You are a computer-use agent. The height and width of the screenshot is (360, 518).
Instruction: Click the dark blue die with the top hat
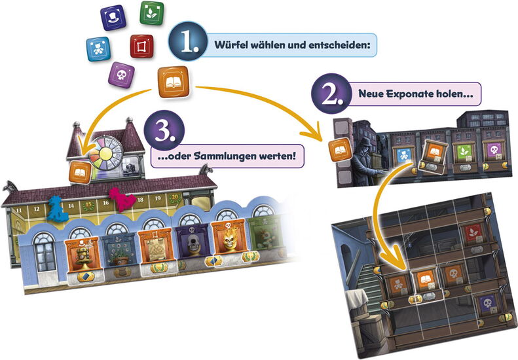113,18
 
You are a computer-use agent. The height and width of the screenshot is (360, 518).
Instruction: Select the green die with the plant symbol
152,13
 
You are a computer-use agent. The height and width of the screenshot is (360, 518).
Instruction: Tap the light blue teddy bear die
98,49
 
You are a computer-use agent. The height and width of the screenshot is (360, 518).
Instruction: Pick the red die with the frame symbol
141,46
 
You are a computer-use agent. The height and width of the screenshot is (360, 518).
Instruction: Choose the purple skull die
121,75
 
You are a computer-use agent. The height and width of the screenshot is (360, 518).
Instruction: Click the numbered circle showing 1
188,41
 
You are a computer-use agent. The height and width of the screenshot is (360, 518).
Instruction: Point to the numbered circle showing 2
331,94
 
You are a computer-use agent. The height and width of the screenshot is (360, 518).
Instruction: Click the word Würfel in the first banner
231,45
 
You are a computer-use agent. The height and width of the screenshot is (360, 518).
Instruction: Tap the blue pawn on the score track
58,208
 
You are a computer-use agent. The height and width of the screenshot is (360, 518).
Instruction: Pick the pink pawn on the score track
122,199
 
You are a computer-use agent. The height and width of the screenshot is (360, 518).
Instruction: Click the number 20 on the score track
175,197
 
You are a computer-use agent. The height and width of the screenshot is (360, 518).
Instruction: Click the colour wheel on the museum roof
105,153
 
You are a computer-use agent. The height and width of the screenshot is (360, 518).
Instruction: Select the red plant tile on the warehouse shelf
473,233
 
